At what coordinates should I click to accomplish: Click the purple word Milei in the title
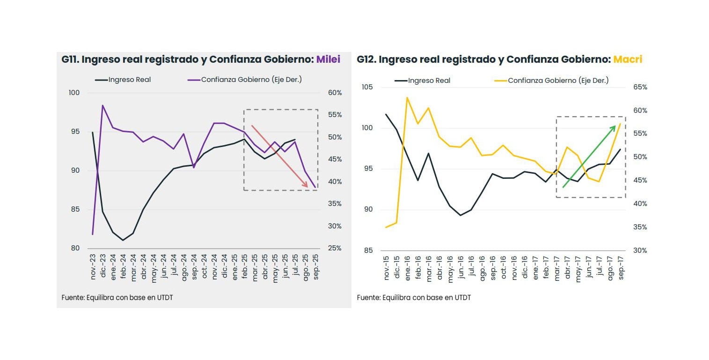[x=328, y=59]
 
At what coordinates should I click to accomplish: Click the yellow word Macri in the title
[x=628, y=59]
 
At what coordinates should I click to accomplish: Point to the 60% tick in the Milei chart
[x=335, y=93]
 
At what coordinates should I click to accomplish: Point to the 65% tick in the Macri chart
[x=640, y=87]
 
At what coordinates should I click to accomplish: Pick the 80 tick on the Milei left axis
[x=75, y=249]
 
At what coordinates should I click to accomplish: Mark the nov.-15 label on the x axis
[x=387, y=268]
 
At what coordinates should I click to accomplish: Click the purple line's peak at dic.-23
[x=102, y=105]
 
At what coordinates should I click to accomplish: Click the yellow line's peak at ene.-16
[x=407, y=98]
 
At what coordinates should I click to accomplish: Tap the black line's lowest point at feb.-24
[x=123, y=240]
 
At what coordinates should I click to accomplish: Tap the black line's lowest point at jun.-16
[x=460, y=215]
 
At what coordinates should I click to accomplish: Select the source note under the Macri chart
[x=414, y=298]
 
